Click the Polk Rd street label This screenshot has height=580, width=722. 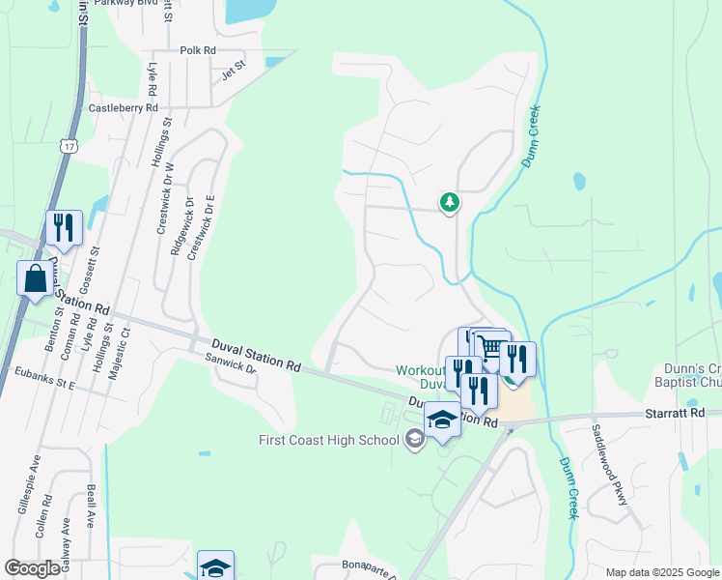pos(198,50)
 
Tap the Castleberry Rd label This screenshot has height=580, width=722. pos(123,108)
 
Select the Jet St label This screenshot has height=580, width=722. pos(235,70)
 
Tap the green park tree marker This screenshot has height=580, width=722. pos(449,202)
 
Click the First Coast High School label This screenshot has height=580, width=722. pos(329,441)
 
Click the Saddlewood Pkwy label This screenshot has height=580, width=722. pos(611,465)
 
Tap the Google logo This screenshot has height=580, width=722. pos(32,567)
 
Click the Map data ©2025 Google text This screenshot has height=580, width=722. pos(660,572)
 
